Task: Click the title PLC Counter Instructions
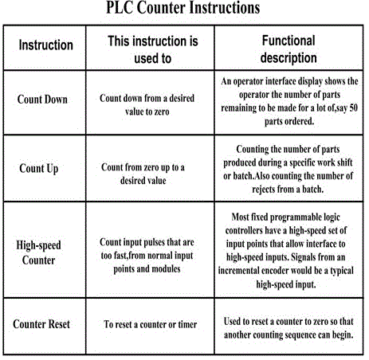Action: tap(183, 8)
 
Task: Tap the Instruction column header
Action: tap(45, 45)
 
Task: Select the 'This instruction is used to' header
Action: tap(153, 49)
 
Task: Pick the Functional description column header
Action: tap(289, 49)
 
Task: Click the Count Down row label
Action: tap(42, 100)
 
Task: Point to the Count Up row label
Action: tap(39, 169)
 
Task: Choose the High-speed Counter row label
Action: tap(38, 252)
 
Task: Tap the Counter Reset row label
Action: tap(41, 324)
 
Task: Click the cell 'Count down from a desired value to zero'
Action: tap(147, 105)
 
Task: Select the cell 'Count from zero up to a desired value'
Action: tap(143, 174)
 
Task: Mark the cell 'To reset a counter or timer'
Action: tap(150, 324)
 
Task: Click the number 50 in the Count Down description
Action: tap(352, 108)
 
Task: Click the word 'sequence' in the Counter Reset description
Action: tap(300, 335)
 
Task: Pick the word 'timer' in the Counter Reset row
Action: tap(186, 324)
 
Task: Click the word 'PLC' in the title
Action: tap(120, 8)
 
